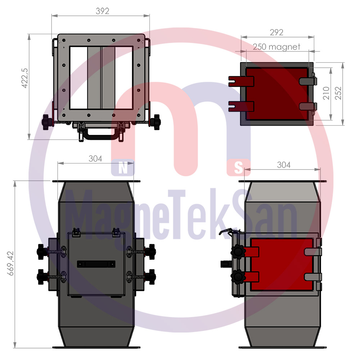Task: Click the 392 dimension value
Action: point(102,11)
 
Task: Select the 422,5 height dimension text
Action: point(24,78)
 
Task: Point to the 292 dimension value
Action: point(276,32)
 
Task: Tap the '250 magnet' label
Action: point(276,47)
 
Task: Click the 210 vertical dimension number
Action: point(326,93)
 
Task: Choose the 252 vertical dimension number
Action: point(338,93)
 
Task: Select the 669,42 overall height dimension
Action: point(10,264)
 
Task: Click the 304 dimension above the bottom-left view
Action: point(95,159)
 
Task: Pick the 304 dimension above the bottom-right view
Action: point(284,165)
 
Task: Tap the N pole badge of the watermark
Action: point(123,168)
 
